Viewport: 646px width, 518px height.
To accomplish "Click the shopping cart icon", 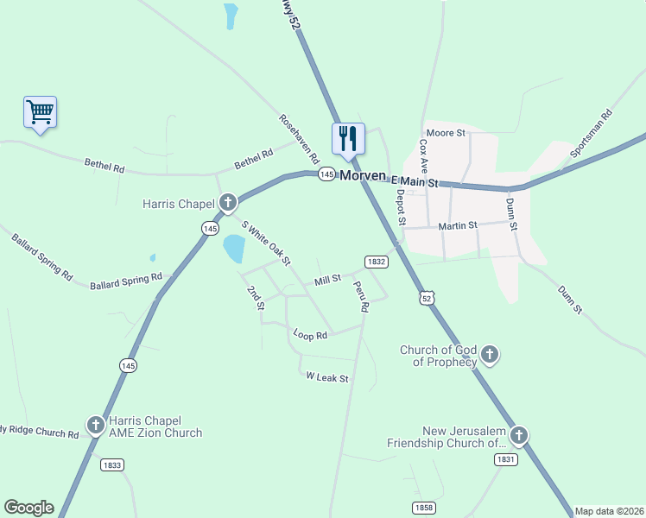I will click(x=40, y=111).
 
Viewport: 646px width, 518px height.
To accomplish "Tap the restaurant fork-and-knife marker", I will click(x=348, y=138).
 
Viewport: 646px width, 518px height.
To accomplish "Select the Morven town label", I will click(x=363, y=175).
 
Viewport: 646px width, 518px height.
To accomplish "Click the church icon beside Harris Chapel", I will click(x=228, y=204).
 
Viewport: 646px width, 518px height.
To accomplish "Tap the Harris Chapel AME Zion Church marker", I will click(x=96, y=425).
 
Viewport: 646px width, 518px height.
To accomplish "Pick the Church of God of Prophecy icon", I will click(x=490, y=354).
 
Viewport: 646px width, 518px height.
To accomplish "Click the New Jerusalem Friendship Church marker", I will click(x=518, y=435).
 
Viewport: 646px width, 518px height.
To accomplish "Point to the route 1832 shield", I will click(x=375, y=261).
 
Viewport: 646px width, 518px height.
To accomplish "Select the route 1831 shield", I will click(x=506, y=460).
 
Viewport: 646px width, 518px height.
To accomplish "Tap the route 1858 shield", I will click(x=423, y=508).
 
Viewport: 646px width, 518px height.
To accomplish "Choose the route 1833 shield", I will click(x=111, y=464).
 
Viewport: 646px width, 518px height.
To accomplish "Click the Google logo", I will click(x=28, y=508).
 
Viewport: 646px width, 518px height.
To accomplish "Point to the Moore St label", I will click(x=446, y=133).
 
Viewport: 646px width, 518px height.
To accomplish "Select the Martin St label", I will click(x=458, y=225).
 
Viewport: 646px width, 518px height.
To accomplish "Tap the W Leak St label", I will click(x=327, y=378).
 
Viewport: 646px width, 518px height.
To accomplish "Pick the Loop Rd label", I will click(x=310, y=334).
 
